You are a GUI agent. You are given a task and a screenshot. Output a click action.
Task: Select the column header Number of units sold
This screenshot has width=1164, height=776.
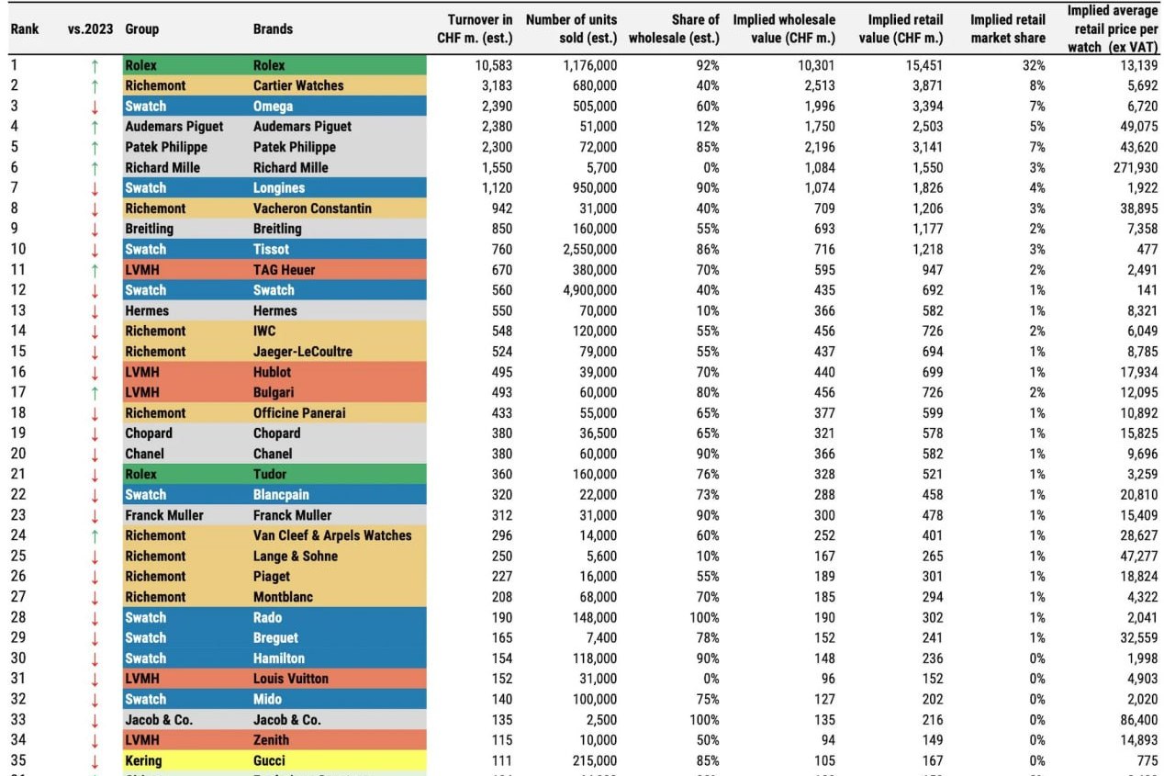click(x=571, y=28)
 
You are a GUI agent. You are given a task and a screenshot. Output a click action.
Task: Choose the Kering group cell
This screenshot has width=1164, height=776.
click(x=143, y=760)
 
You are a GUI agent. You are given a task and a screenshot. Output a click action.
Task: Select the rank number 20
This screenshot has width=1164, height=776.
click(x=17, y=454)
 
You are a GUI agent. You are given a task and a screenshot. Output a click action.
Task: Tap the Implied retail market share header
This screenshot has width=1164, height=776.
click(x=1008, y=28)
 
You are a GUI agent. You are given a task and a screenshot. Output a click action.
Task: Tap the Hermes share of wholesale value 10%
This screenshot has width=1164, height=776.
click(x=705, y=310)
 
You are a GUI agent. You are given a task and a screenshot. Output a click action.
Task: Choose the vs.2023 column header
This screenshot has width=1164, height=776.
click(x=90, y=28)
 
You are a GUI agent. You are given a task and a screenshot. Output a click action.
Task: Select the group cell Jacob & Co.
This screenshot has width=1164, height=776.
click(x=159, y=720)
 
